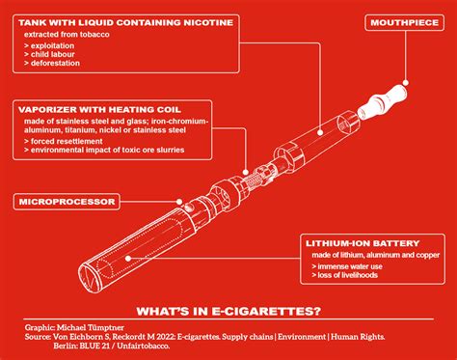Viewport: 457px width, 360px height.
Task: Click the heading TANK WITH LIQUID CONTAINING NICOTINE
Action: tap(121, 22)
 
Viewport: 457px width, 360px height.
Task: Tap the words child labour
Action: tap(56, 55)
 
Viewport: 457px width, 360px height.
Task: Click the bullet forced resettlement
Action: tap(69, 142)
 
